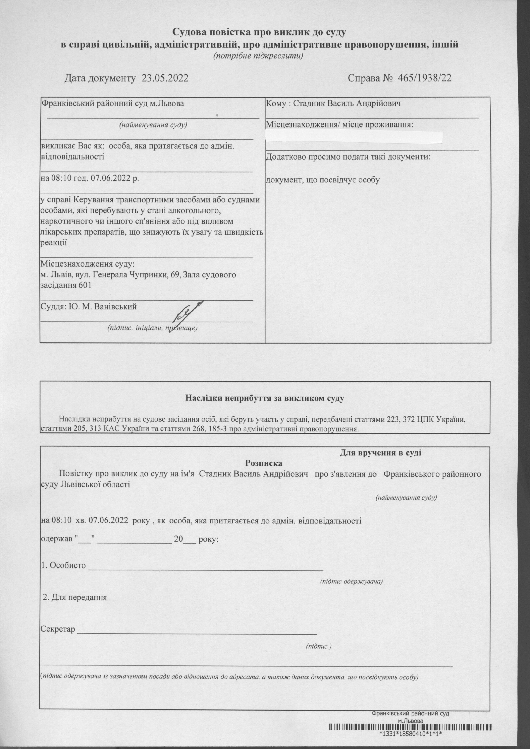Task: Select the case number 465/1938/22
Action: tap(424, 78)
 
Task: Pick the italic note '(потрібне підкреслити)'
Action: tap(258, 56)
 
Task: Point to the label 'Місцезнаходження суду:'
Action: tap(87, 264)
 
